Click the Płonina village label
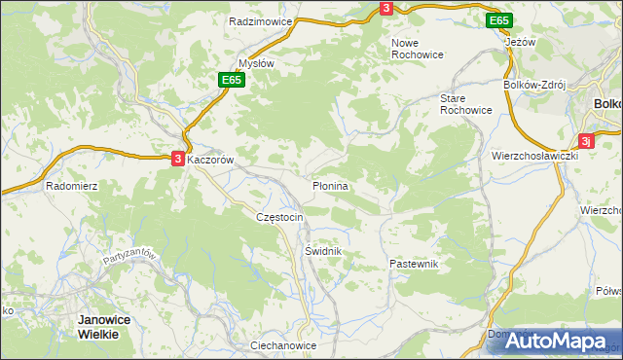click(330, 184)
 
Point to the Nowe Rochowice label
click(417, 49)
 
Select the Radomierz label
click(71, 185)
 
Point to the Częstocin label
click(280, 217)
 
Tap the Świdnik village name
click(321, 250)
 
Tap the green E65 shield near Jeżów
click(499, 20)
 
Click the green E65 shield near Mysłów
click(231, 80)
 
